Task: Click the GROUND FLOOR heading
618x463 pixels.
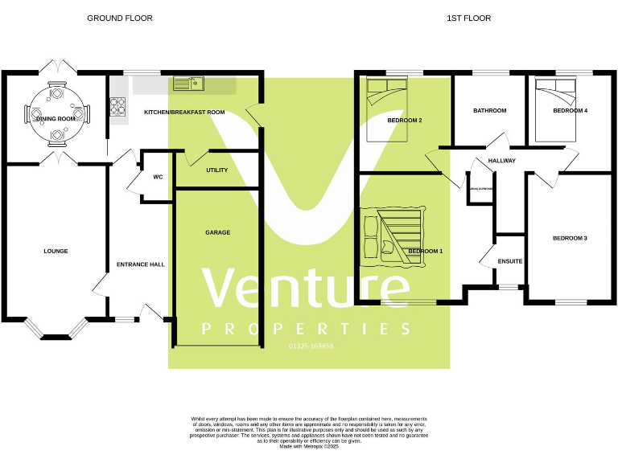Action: pyautogui.click(x=120, y=18)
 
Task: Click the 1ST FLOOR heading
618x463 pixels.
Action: pyautogui.click(x=469, y=18)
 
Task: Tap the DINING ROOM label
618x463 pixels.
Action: pyautogui.click(x=56, y=119)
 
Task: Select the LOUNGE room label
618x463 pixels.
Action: pyautogui.click(x=56, y=251)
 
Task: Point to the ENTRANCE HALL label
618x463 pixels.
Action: pyautogui.click(x=141, y=264)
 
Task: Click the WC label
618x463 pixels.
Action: pyautogui.click(x=159, y=177)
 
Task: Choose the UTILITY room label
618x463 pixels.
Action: pyautogui.click(x=217, y=170)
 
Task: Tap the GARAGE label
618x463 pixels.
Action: pyautogui.click(x=217, y=232)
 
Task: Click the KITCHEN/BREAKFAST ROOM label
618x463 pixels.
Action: pyautogui.click(x=184, y=113)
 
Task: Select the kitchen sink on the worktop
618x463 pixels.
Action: pyautogui.click(x=189, y=83)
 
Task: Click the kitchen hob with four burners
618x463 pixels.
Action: pyautogui.click(x=117, y=104)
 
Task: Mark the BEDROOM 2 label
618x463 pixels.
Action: pyautogui.click(x=405, y=121)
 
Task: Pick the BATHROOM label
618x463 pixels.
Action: pyautogui.click(x=489, y=111)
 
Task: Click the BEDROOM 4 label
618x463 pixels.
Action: pyautogui.click(x=570, y=111)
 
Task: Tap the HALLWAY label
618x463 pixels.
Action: pyautogui.click(x=502, y=161)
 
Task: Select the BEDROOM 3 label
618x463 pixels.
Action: pyautogui.click(x=570, y=238)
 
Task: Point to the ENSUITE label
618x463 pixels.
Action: pyautogui.click(x=510, y=261)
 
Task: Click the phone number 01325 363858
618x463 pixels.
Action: pyautogui.click(x=311, y=346)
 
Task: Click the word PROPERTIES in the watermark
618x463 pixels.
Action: pyautogui.click(x=307, y=330)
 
